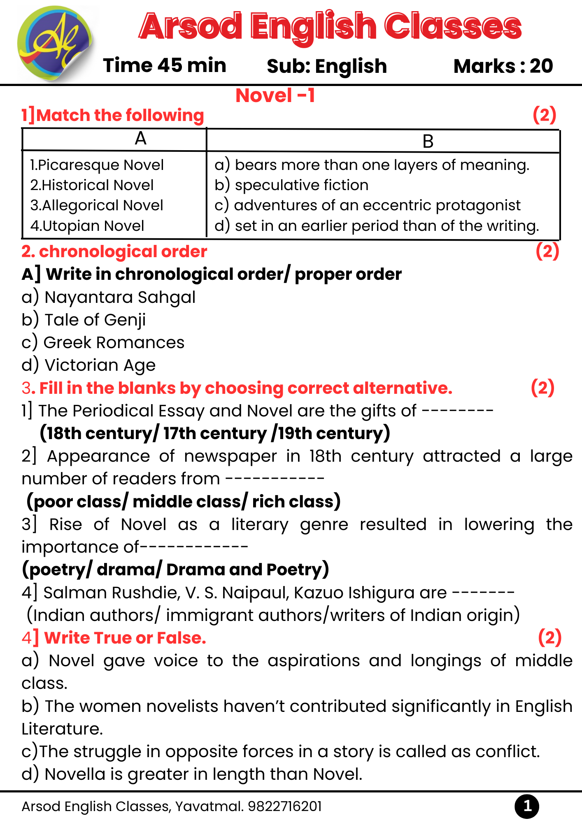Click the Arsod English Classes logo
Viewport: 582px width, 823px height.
click(x=55, y=43)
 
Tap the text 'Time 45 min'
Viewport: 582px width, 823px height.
click(x=165, y=66)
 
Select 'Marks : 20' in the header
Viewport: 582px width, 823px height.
click(x=503, y=66)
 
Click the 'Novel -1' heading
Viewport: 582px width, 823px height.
click(x=275, y=96)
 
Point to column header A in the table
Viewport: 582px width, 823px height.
click(x=141, y=139)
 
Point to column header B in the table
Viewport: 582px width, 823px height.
click(x=428, y=142)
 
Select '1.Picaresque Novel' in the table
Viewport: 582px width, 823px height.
click(x=97, y=165)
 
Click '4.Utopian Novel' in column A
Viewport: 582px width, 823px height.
click(x=87, y=226)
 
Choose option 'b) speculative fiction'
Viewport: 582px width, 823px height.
click(x=291, y=185)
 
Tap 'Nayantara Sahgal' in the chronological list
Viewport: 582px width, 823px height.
click(x=120, y=298)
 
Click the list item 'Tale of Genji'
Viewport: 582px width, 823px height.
click(x=95, y=320)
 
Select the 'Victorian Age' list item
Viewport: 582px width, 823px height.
click(x=100, y=365)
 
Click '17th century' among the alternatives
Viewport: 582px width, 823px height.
click(x=215, y=433)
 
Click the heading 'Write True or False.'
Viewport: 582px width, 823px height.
click(x=125, y=638)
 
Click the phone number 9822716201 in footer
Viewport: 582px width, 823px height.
click(x=284, y=807)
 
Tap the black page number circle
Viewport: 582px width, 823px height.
click(x=527, y=807)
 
